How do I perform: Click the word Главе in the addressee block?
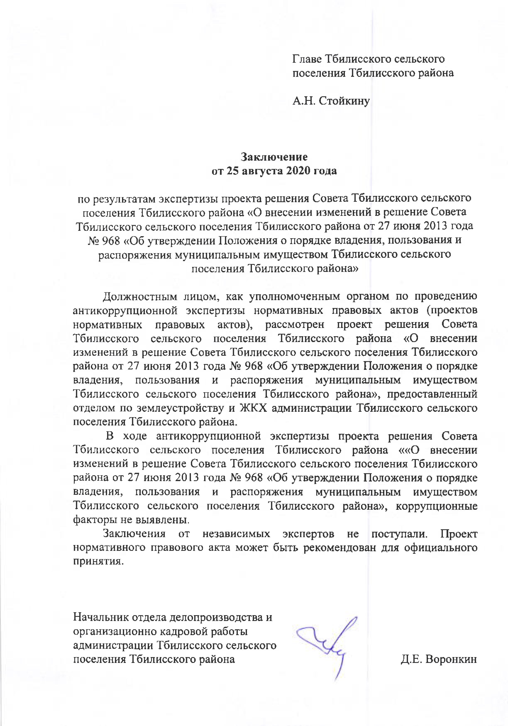[x=308, y=59]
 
